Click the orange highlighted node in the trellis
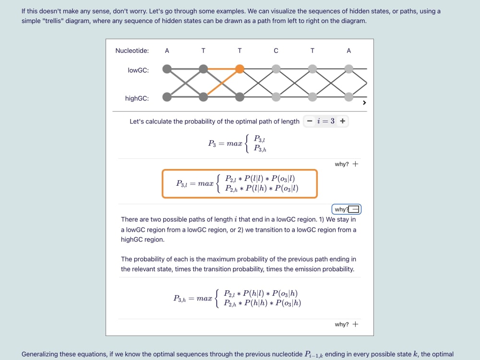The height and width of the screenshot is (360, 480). click(x=240, y=69)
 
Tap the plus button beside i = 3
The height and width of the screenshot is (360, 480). click(x=343, y=121)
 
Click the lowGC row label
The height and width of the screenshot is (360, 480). click(x=138, y=70)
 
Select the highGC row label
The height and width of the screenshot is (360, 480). click(x=137, y=98)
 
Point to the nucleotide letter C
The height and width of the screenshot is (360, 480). click(x=276, y=51)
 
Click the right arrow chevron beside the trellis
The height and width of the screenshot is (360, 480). click(x=364, y=103)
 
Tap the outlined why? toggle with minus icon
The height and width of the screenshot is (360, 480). click(x=347, y=209)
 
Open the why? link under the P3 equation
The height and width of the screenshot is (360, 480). click(x=346, y=164)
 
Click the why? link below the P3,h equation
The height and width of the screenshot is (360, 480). click(x=346, y=324)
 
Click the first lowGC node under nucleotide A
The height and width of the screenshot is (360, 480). click(x=167, y=69)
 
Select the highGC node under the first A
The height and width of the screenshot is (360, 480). click(x=167, y=97)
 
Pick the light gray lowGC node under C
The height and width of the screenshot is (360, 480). click(x=276, y=69)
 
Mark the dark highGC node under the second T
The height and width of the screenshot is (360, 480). click(x=240, y=97)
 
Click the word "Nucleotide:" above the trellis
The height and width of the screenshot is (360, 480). click(x=132, y=50)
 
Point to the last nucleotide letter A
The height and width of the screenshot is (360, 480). click(x=348, y=51)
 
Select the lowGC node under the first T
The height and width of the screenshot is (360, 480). click(x=203, y=69)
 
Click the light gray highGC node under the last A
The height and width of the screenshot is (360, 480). click(x=348, y=97)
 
